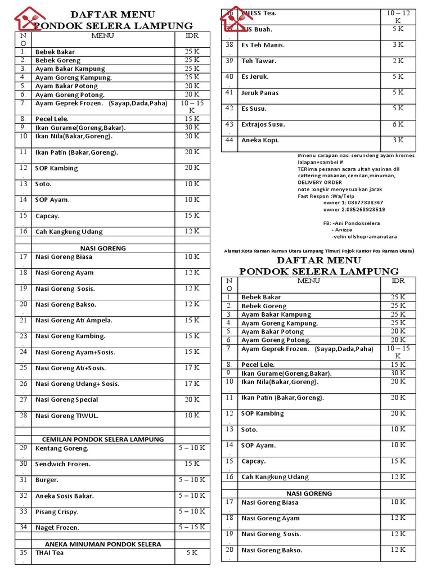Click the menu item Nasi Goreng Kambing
point(70,336)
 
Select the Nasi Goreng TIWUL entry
point(67,416)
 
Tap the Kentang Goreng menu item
point(62,448)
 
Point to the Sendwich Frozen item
point(63,464)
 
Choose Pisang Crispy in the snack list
point(57,512)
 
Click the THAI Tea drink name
point(49,552)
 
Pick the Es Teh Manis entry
point(263,45)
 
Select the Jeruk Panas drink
point(260,93)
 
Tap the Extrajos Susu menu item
point(263,124)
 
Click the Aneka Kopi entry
point(260,140)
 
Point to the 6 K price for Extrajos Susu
point(398,124)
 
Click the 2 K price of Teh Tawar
point(398,61)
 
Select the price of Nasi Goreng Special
point(192,399)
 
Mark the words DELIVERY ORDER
point(319,182)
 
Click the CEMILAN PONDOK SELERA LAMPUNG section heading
point(103,439)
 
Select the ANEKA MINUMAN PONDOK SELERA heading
point(103,544)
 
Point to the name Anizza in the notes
point(345,229)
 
